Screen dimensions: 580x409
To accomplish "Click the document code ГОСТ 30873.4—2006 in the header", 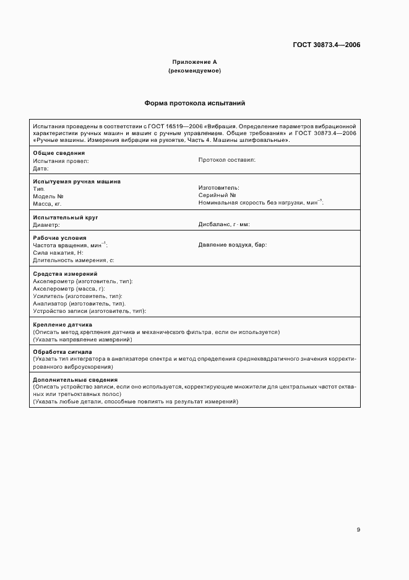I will tap(327, 45).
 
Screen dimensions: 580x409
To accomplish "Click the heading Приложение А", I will tap(194, 62).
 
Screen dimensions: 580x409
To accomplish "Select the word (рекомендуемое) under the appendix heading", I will tap(194, 71).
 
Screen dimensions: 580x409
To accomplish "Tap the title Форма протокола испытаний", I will tap(195, 103).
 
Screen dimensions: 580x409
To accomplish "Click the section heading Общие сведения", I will tap(59, 153).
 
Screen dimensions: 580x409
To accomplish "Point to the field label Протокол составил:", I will tap(227, 160).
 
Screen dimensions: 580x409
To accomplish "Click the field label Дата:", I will tap(41, 168).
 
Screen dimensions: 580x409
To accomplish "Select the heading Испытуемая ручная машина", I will tap(77, 182).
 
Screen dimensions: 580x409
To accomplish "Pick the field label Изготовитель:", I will tap(219, 188).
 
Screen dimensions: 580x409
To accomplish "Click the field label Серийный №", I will tap(217, 195).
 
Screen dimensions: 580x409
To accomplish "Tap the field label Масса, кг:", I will tap(47, 203).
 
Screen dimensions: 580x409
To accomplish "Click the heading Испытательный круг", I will tap(66, 217).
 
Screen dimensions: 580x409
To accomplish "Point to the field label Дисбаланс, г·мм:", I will tap(224, 224).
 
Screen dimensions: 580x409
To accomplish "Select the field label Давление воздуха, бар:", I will tap(233, 245).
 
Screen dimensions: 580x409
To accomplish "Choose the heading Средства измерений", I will tap(65, 274).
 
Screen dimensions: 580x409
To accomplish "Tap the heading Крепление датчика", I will tap(62, 324).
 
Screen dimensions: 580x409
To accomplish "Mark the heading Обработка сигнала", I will tap(62, 352).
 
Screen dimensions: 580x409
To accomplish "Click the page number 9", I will tap(358, 529).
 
